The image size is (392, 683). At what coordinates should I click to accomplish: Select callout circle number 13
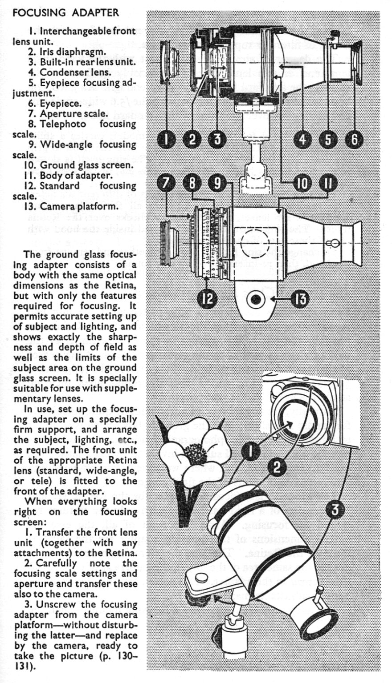tap(299, 299)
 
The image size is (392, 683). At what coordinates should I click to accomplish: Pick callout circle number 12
tap(207, 299)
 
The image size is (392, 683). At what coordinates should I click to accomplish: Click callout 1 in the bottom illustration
tap(251, 451)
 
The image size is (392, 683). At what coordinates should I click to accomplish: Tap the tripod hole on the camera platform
tap(255, 300)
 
